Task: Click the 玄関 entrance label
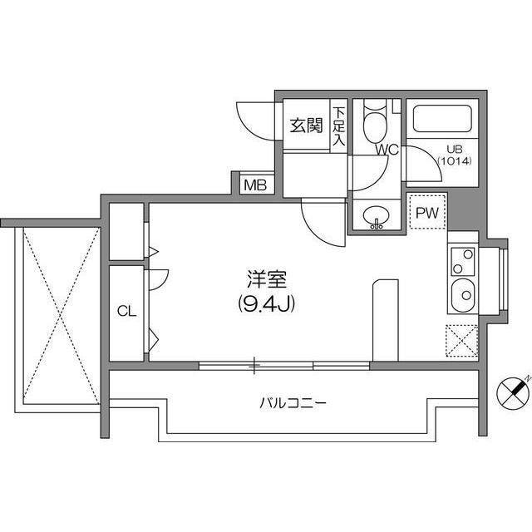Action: [306, 126]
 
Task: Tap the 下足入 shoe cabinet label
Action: [338, 126]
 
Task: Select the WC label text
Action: [387, 150]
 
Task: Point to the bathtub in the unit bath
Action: [443, 119]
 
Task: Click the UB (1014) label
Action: [455, 155]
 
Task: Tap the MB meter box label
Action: [255, 185]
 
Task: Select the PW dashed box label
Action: [427, 213]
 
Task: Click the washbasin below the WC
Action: [377, 215]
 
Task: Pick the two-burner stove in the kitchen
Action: [462, 261]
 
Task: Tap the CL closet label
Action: [126, 311]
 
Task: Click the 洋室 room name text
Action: [267, 279]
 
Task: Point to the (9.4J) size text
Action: [266, 303]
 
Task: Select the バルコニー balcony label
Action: [293, 403]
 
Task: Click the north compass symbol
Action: [513, 393]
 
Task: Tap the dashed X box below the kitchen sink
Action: [461, 341]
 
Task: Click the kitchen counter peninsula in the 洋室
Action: [386, 320]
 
